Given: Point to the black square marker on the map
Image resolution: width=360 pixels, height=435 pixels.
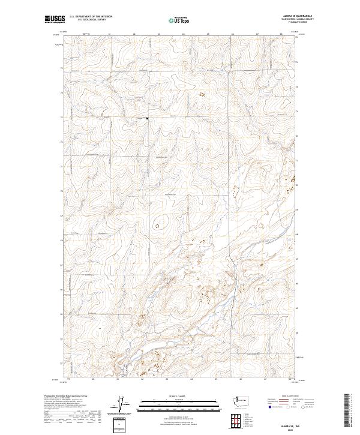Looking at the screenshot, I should pos(148,118).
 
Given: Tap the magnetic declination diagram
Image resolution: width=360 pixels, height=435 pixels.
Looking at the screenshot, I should pos(127,405).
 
